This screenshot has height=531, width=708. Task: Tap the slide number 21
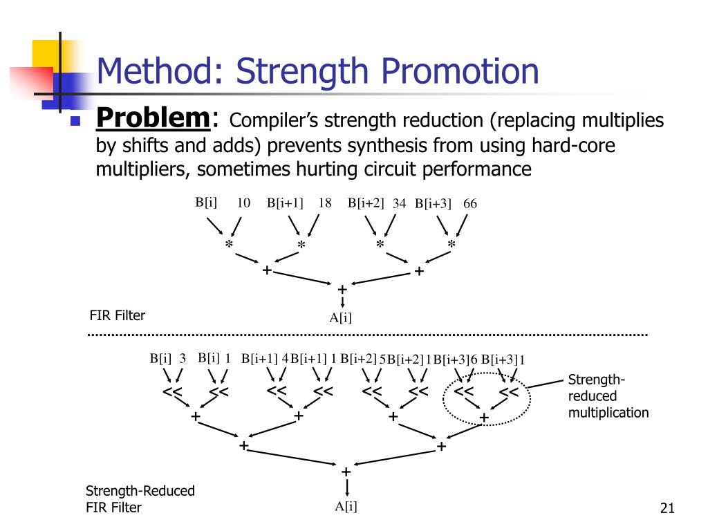click(667, 510)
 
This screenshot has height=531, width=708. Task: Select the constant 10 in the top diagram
click(243, 203)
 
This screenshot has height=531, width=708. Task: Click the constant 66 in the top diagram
click(470, 203)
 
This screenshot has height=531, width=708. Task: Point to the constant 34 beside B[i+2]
click(399, 203)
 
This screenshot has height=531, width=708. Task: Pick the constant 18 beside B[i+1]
click(325, 203)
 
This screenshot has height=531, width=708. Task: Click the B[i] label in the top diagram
click(206, 202)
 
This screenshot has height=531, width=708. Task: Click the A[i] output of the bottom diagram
click(346, 506)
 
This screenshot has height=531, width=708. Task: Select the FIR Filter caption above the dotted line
click(118, 316)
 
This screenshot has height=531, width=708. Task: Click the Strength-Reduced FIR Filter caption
click(140, 499)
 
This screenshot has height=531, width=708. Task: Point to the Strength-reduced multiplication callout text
click(608, 396)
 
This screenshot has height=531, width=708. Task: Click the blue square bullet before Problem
click(76, 121)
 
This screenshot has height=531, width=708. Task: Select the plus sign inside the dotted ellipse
click(484, 418)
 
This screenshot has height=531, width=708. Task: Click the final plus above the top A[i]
click(341, 288)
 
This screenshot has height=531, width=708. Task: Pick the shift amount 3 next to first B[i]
click(183, 358)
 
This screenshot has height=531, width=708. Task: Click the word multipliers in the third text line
click(138, 169)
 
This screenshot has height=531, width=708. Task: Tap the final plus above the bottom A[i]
click(346, 472)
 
